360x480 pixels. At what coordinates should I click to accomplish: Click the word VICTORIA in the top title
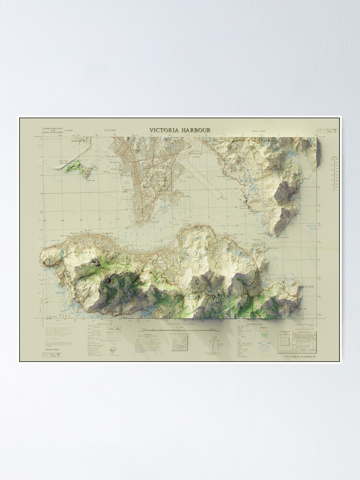pos(164,130)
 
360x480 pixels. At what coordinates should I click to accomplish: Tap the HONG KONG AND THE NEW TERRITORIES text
pos(53,130)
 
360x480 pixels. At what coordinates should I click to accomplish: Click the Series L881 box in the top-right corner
pos(326,130)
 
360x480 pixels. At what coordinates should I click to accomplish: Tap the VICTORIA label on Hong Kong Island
pos(77,251)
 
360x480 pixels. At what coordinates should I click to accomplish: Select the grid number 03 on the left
pos(45,220)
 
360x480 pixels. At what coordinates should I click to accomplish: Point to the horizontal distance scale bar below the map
pos(176,330)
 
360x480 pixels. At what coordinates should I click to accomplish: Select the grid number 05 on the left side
pos(81,220)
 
